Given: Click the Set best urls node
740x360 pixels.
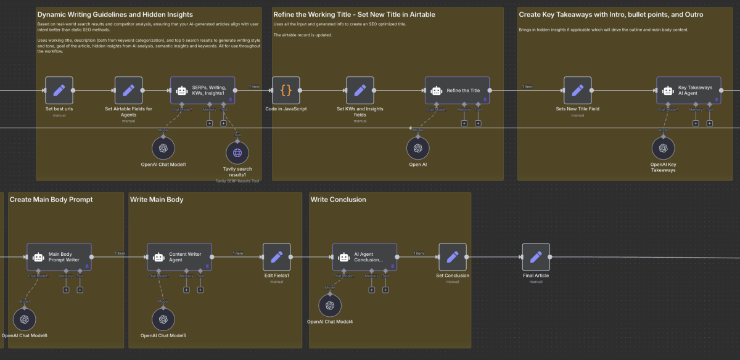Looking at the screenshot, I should (x=59, y=91).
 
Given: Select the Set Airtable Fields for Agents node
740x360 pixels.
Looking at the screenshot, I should (x=128, y=91).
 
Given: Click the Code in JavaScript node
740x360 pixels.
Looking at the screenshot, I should (x=286, y=91).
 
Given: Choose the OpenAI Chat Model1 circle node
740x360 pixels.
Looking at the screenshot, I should (x=163, y=148).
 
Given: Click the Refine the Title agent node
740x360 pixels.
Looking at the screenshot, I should (x=457, y=91).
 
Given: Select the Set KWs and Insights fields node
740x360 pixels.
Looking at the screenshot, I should (x=360, y=91).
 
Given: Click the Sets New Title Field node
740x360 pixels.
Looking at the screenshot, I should (x=578, y=91).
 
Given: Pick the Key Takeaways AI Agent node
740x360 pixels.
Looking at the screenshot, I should (x=688, y=91).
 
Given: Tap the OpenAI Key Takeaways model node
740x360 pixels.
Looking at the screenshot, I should (x=664, y=148).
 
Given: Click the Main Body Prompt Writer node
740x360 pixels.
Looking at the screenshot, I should (x=59, y=257).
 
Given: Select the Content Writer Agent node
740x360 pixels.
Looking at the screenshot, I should (x=179, y=257).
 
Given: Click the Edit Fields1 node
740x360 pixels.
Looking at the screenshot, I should (x=277, y=257).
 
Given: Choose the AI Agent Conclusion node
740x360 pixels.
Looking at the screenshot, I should (x=364, y=257).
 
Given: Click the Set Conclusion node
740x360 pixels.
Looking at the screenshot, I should (x=452, y=257).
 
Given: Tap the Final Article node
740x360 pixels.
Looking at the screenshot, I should (x=536, y=257).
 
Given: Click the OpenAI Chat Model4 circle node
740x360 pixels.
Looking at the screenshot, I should (x=330, y=306).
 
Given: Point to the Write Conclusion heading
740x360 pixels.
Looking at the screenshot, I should (x=338, y=200).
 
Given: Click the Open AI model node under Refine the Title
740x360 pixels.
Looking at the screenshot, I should (x=418, y=148).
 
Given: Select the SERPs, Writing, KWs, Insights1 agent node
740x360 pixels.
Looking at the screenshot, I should (x=202, y=91).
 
